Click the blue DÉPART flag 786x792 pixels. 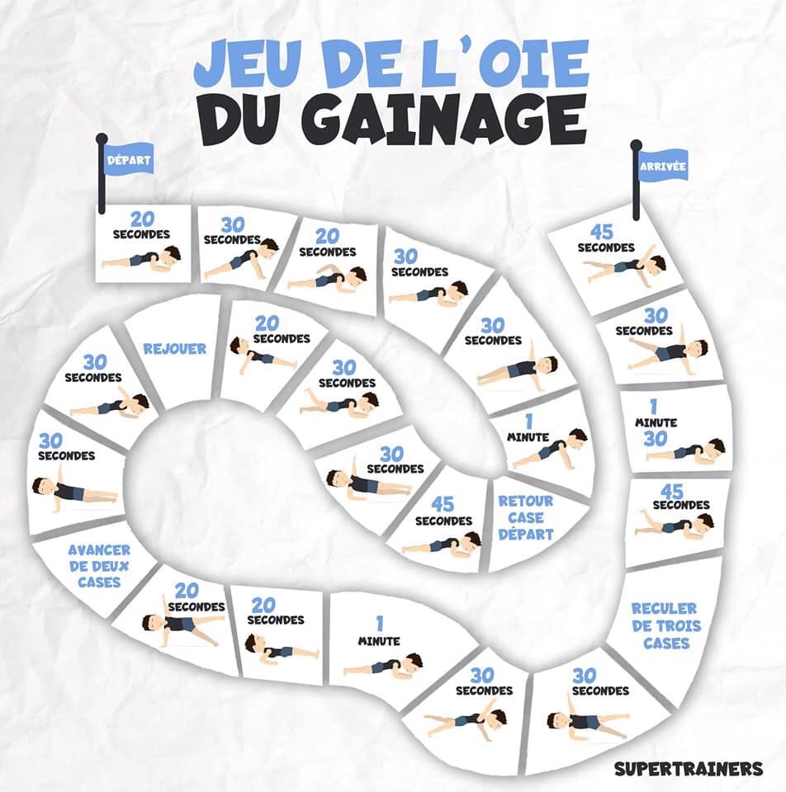(129, 159)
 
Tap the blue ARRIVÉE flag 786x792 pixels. (663, 166)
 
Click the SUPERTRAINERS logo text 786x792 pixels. (689, 769)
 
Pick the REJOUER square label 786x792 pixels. (174, 348)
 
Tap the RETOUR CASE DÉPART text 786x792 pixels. (526, 518)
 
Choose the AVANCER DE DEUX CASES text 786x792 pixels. (99, 566)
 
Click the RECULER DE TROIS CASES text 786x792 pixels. (666, 625)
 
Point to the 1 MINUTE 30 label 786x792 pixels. (656, 423)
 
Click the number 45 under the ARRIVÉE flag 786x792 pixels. (602, 232)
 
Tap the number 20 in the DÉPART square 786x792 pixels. (142, 219)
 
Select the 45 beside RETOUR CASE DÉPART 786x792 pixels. (443, 504)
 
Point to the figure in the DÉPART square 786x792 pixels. (141, 257)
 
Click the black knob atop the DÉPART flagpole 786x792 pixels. (101, 139)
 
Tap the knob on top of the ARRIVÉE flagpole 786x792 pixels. (637, 145)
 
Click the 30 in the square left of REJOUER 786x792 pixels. (94, 362)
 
